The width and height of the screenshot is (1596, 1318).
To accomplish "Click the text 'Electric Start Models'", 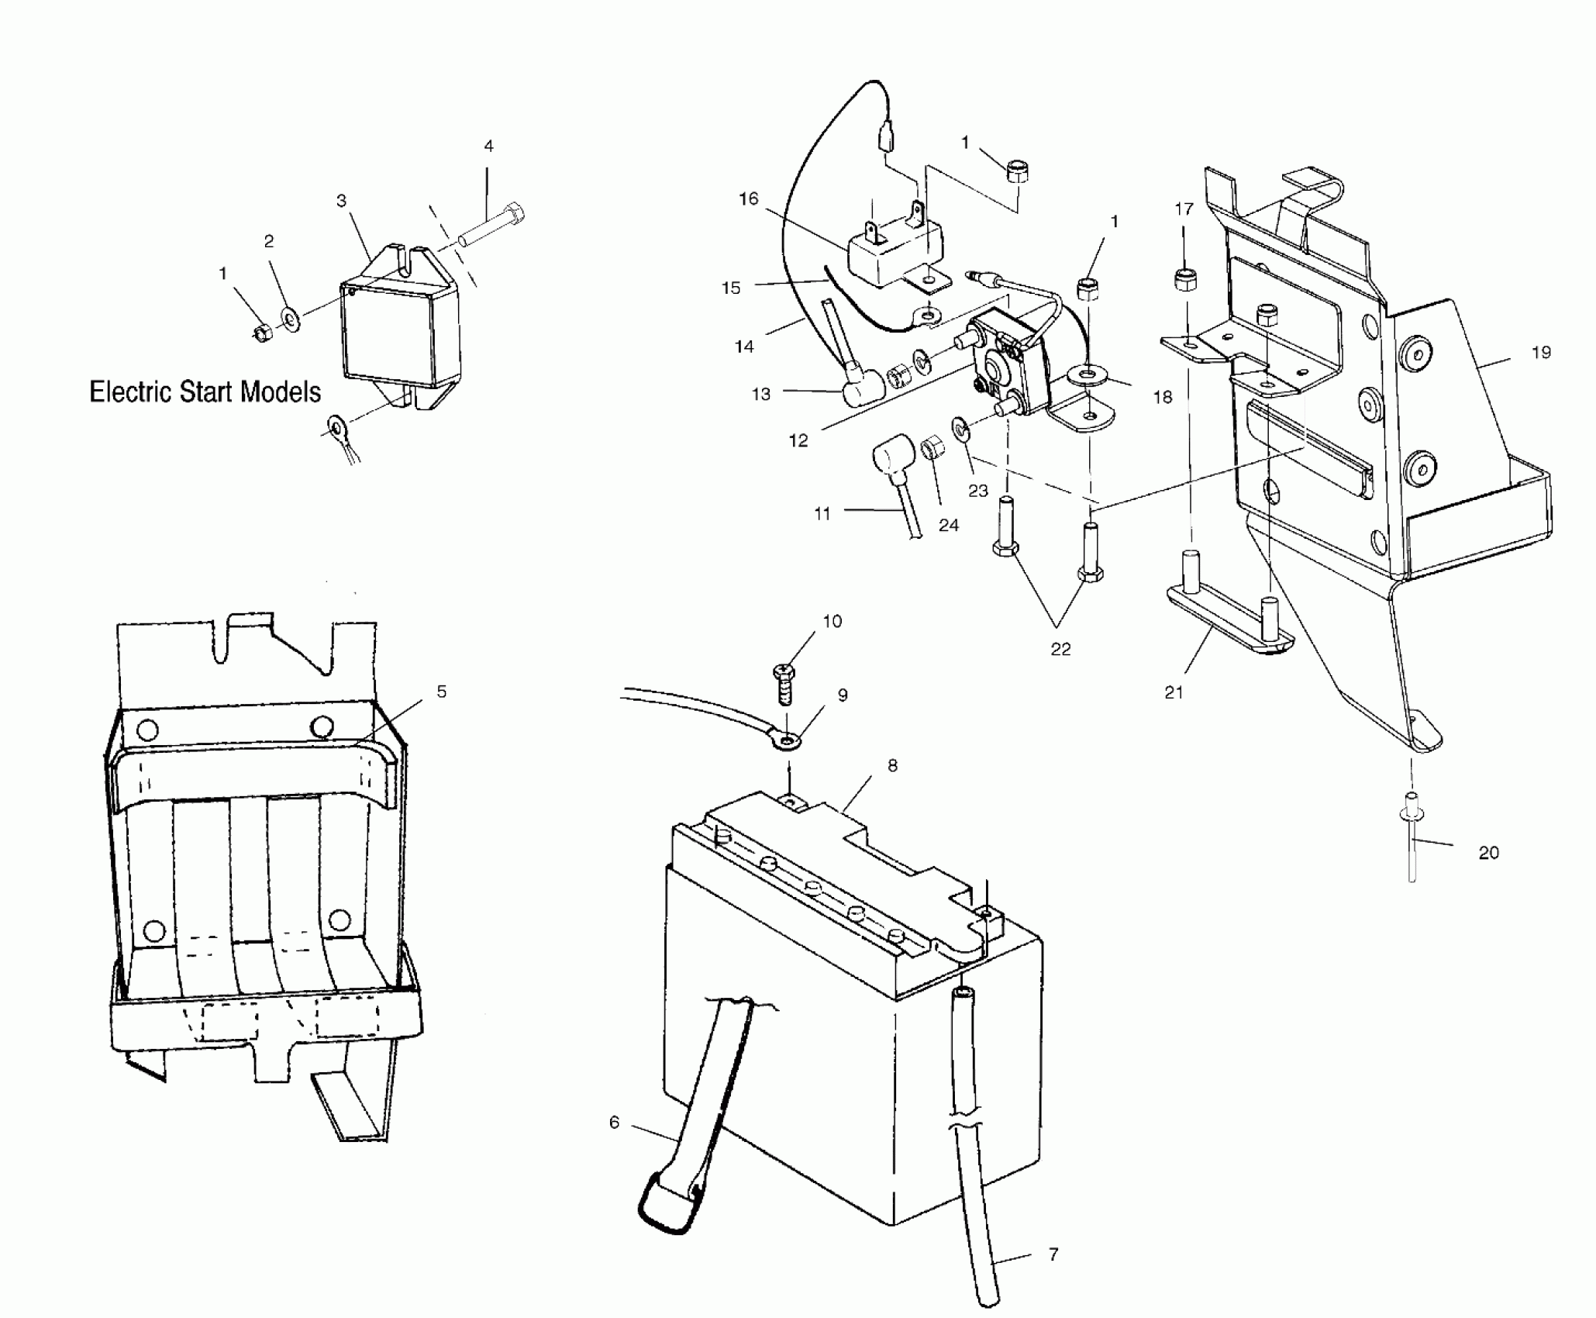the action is (x=205, y=392).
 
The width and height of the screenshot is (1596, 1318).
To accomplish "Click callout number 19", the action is (x=1541, y=353).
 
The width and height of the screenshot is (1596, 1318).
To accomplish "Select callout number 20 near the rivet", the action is (x=1488, y=853).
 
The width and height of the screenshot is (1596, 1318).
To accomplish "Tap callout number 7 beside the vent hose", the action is (x=1053, y=1254).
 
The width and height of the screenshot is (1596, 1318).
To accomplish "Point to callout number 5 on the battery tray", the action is (x=441, y=692).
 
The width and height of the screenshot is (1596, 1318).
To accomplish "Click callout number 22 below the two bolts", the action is (x=1060, y=650).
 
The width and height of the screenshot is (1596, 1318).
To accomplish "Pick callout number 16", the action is (x=748, y=199).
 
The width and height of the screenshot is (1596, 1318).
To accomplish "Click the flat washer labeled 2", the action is (x=292, y=319).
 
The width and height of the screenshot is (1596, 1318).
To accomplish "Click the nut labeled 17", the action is (x=1184, y=280).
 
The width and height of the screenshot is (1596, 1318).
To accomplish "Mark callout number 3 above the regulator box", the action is (x=341, y=201).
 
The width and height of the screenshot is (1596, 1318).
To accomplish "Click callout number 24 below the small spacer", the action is (x=948, y=526).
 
